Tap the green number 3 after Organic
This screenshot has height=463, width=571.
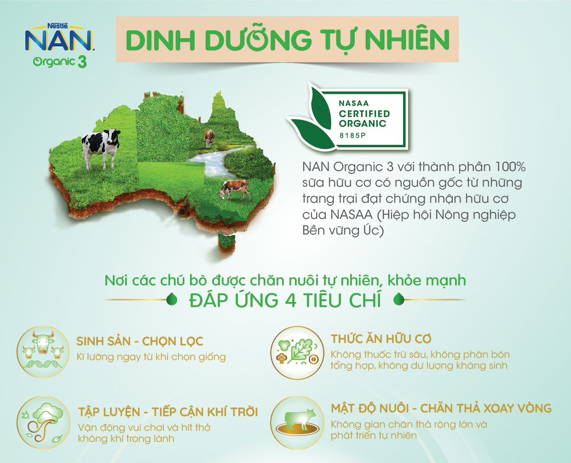[82, 62]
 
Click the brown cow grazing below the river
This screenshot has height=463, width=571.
[234, 189]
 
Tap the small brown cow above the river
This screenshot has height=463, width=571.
[209, 138]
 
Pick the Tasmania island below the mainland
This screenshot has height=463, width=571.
[226, 245]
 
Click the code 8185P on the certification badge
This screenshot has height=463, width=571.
[352, 136]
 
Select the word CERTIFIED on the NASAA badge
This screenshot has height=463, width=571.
[364, 114]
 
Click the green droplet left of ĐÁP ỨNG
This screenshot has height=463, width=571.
[172, 299]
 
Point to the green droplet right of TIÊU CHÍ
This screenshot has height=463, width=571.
[399, 299]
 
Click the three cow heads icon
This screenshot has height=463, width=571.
[43, 351]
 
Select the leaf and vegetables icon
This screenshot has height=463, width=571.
[297, 352]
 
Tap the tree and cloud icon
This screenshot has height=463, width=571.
[44, 423]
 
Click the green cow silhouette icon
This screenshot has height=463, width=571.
[297, 423]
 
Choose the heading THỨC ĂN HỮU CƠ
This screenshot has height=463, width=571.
[381, 338]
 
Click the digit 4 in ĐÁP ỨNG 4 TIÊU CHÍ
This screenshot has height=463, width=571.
[291, 300]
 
